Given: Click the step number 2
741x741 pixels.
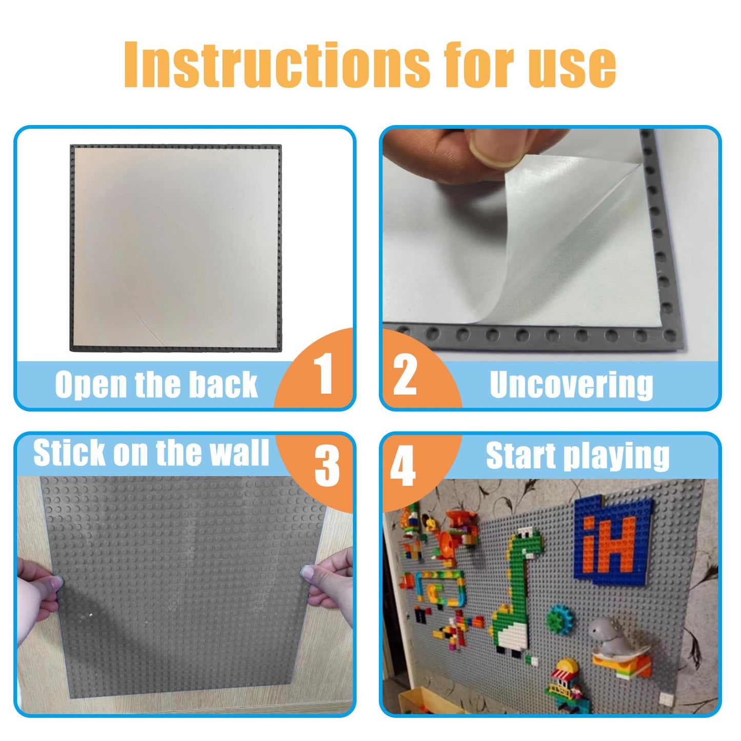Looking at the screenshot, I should point(405,375).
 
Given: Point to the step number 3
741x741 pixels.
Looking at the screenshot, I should point(327,465).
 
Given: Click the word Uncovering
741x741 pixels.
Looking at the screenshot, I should point(571,385).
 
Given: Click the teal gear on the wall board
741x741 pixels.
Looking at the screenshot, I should point(559,619).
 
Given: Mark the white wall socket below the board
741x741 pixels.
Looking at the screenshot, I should point(666,698).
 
